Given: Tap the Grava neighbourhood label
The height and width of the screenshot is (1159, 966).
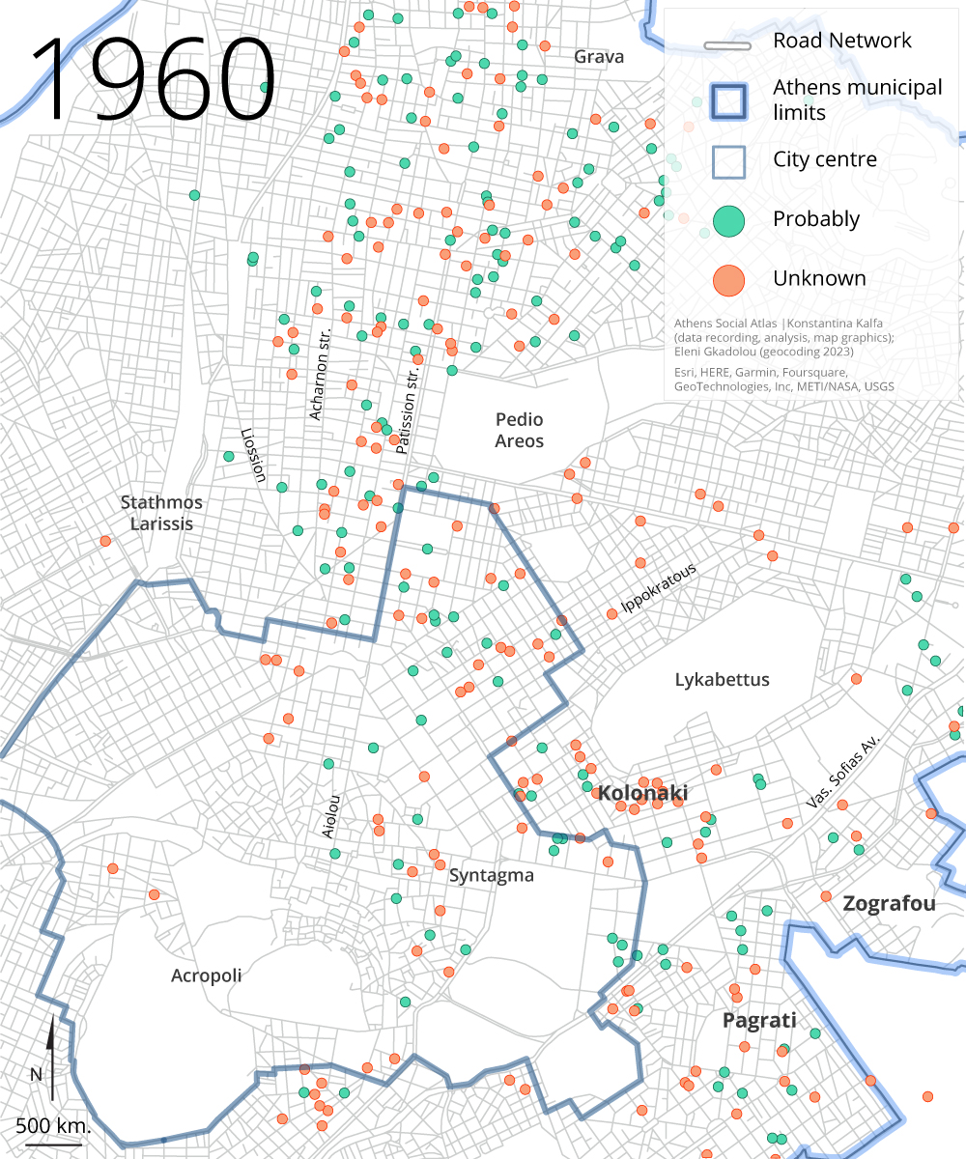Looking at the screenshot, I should pos(599,56).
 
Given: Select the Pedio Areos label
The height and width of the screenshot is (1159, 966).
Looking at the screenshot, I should pos(520,431).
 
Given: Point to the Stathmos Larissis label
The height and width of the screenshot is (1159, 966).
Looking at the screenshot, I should pos(162,513).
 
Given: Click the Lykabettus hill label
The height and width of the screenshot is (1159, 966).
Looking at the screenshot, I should pos(722,680).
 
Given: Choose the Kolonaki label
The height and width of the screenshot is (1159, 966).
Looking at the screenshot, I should pos(642,794).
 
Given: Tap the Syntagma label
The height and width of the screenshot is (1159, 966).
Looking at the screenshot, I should pos(491,876).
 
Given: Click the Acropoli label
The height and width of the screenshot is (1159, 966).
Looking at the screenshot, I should pos(206,975).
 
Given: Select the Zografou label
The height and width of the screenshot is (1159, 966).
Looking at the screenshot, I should pos(889,904).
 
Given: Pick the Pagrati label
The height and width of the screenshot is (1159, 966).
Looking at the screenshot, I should pos(759,1021).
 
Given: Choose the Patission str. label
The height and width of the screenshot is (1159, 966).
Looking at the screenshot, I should pos(410,406).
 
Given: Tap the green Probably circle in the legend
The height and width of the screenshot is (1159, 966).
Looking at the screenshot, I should pos(729,220).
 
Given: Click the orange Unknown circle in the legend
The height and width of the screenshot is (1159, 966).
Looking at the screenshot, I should pos(729,279).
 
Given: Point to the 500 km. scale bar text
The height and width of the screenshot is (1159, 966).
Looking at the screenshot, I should pos(53,1126).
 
